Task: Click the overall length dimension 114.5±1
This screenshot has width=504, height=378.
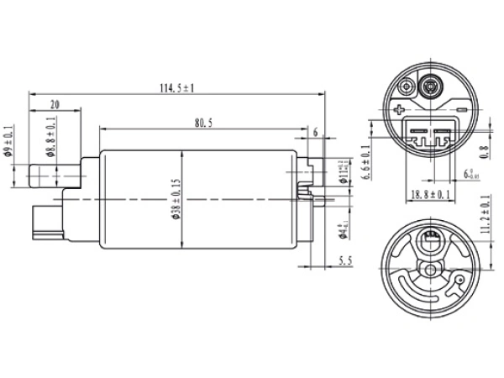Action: (176, 87)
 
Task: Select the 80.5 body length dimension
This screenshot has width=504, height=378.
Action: (202, 123)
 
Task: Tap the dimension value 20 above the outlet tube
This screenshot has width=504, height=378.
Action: (55, 104)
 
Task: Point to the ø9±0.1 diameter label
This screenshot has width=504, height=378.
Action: (8, 141)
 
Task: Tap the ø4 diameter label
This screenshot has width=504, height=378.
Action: (340, 233)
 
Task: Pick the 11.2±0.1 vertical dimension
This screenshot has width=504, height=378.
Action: (485, 213)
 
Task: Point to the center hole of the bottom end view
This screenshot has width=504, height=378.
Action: (431, 270)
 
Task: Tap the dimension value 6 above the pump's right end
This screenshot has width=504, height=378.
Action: (315, 133)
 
